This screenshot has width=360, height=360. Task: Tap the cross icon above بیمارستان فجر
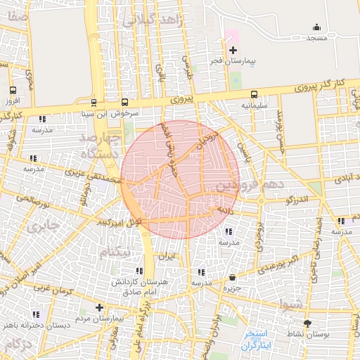(233, 50)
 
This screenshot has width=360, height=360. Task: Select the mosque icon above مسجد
(316, 27)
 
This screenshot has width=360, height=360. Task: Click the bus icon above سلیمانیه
(254, 94)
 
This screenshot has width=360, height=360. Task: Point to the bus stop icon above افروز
(13, 91)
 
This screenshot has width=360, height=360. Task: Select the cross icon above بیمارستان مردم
(99, 307)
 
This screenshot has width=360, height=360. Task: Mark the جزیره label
(231, 288)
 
